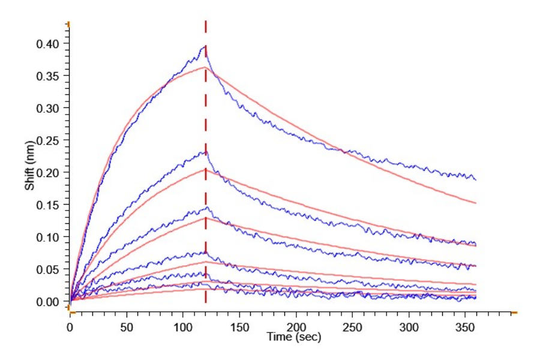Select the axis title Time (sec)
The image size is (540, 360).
295,337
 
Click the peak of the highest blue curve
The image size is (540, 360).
205,46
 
